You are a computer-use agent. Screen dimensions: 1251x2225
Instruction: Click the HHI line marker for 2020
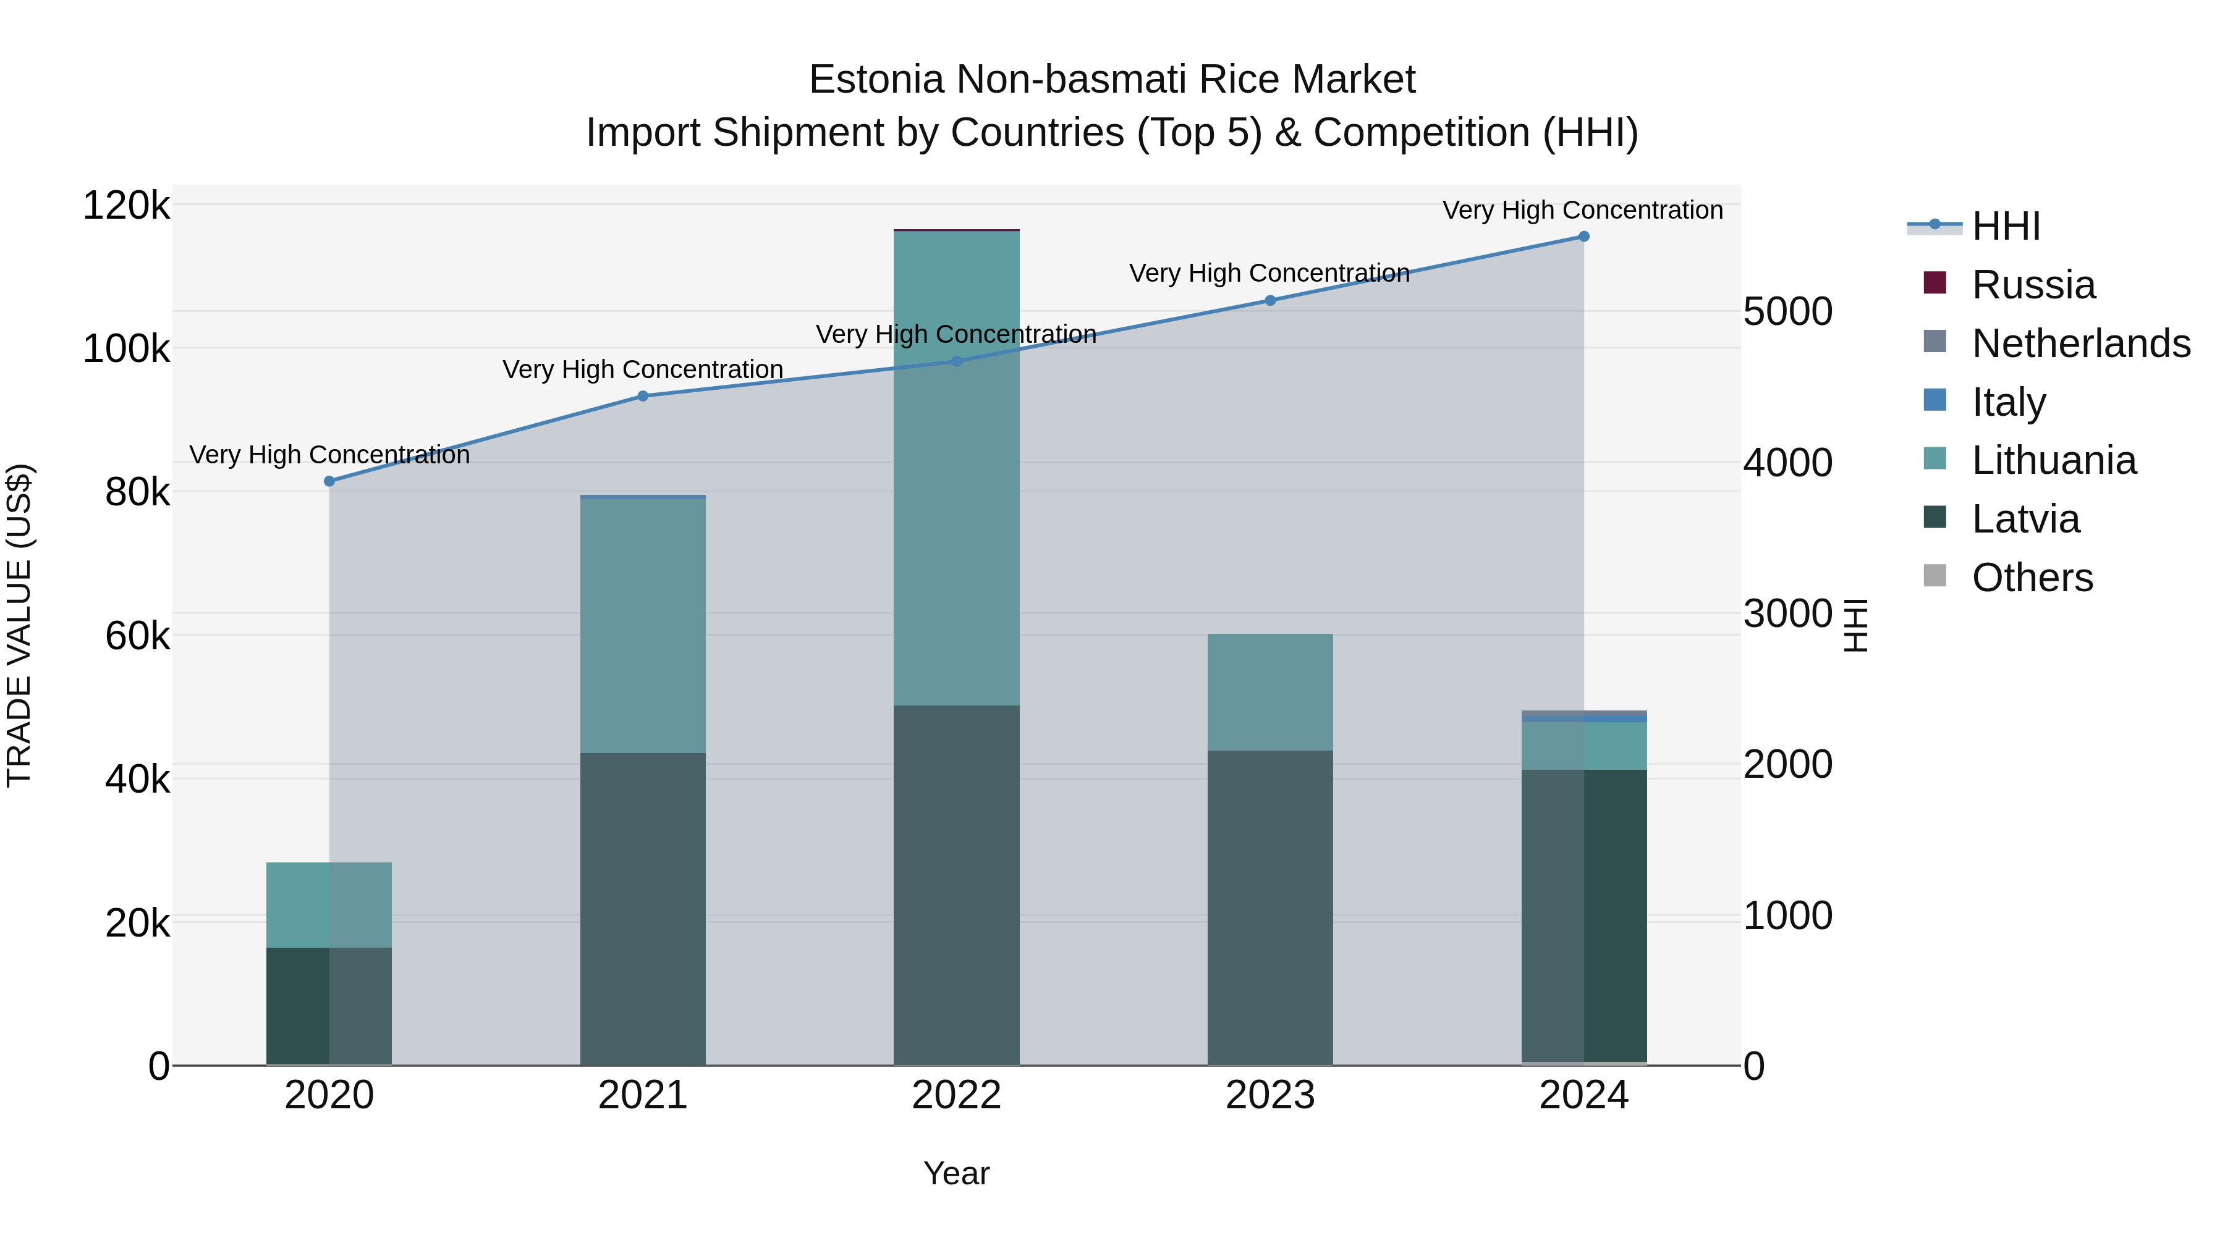[329, 481]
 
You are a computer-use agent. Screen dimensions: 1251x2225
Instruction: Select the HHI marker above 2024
[1583, 237]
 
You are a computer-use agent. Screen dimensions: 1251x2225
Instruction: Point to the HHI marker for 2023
[1269, 300]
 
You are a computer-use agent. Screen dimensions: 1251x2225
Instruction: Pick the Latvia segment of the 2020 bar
[329, 1006]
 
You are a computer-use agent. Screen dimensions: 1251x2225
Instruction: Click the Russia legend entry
[2033, 285]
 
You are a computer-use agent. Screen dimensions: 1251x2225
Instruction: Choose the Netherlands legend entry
[2080, 343]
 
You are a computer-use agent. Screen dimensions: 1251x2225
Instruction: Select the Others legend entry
[2032, 578]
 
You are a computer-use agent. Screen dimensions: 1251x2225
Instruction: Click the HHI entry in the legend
[2006, 226]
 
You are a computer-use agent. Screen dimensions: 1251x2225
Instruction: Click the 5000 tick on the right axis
[1787, 312]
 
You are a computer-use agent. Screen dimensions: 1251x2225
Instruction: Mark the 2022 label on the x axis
[956, 1095]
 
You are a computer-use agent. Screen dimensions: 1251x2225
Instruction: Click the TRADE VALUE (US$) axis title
[19, 625]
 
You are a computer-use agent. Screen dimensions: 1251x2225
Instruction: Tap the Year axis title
[956, 1173]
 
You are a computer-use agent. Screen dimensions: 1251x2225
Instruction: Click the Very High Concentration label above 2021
[643, 369]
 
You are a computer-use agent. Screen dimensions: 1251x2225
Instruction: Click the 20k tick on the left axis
[137, 924]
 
